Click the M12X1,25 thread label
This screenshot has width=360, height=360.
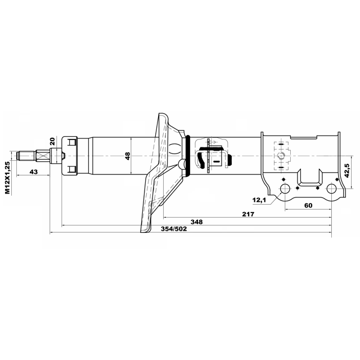(x=8, y=178)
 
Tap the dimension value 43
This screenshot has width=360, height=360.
(x=34, y=172)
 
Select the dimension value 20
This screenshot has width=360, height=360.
(x=52, y=141)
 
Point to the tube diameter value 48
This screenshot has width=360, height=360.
(x=128, y=156)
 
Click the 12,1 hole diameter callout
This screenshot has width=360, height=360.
(x=259, y=200)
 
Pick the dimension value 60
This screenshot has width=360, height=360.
(x=308, y=205)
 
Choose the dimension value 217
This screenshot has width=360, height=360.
(x=248, y=214)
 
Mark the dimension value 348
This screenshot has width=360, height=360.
(x=197, y=222)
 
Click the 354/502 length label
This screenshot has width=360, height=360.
(x=174, y=229)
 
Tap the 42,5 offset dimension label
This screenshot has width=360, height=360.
(x=347, y=170)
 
